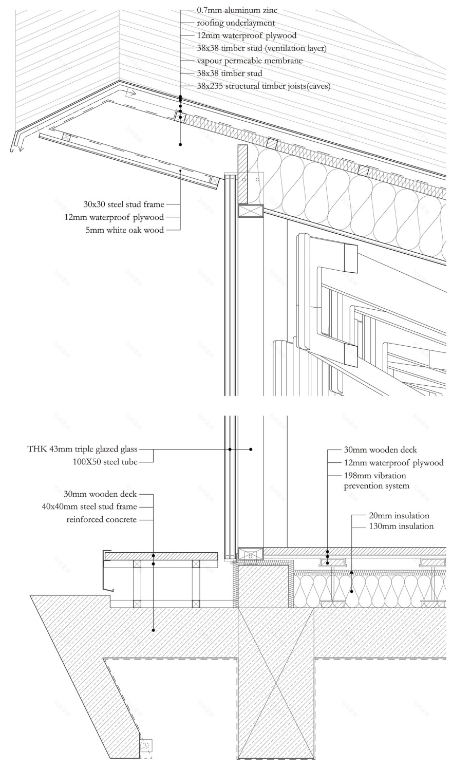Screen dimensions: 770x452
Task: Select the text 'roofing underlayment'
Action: click(x=236, y=23)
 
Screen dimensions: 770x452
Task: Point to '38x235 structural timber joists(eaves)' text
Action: click(x=263, y=86)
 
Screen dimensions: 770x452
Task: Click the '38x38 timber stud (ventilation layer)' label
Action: click(x=261, y=48)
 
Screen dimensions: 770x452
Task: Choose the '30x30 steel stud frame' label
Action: click(x=124, y=204)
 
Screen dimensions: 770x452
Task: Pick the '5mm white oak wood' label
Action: click(x=125, y=230)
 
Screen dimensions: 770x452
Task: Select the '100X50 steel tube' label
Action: click(x=105, y=462)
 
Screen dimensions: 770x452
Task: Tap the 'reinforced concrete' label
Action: click(x=102, y=520)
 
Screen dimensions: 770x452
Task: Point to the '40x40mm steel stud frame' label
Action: click(x=89, y=507)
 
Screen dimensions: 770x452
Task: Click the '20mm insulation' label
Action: click(x=399, y=515)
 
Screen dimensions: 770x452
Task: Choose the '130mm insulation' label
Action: click(x=401, y=527)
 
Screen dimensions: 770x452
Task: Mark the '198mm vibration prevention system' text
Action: click(x=376, y=481)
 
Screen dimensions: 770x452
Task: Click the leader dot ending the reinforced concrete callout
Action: click(x=153, y=630)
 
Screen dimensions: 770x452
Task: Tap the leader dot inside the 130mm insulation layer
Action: click(x=352, y=591)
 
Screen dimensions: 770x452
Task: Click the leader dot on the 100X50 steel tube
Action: click(x=251, y=449)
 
